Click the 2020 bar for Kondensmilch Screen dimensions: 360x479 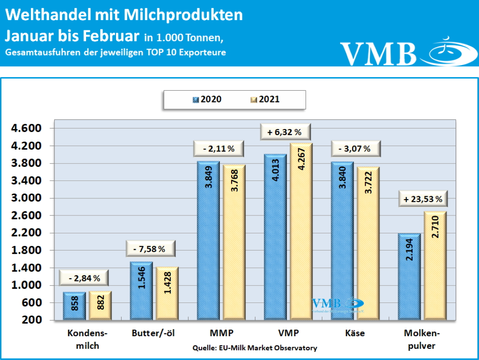(74, 306)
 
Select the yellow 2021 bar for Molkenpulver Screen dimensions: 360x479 (435, 266)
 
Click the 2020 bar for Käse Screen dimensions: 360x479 (342, 241)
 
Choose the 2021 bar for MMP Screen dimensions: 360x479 (233, 243)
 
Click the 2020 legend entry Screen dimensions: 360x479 (207, 99)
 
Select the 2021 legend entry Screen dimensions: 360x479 (265, 99)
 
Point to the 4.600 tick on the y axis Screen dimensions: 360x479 (27, 129)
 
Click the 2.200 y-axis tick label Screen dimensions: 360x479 (27, 233)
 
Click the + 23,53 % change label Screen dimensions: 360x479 (423, 199)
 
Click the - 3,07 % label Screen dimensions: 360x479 (354, 149)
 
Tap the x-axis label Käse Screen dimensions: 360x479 (355, 333)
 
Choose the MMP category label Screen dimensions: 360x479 (221, 333)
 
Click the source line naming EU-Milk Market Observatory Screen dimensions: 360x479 (254, 348)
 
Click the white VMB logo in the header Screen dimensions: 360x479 (378, 53)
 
